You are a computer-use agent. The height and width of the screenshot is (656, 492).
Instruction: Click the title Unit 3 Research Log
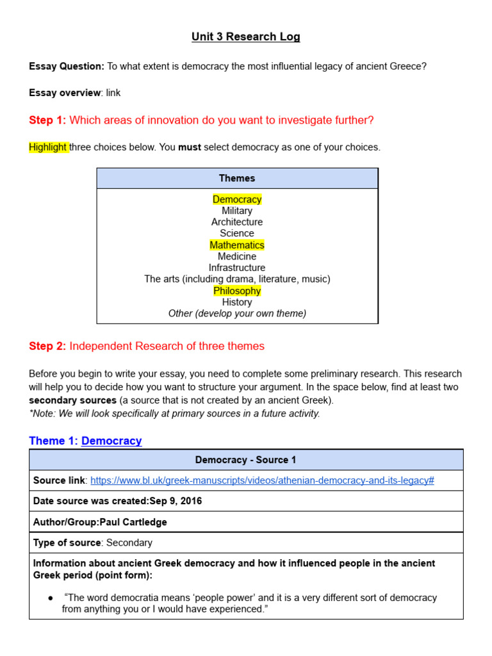tap(245, 37)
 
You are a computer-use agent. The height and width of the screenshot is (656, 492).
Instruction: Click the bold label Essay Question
tap(66, 66)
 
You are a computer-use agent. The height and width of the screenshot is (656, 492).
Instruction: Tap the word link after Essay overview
tap(113, 93)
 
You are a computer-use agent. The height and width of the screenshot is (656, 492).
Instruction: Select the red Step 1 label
tap(47, 120)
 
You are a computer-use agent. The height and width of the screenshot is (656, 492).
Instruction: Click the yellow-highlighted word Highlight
tap(48, 147)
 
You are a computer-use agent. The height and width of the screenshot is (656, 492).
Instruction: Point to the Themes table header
tap(237, 178)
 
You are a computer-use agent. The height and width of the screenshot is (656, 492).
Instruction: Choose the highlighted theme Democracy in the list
tap(237, 199)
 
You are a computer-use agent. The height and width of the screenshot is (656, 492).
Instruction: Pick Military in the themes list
tap(237, 211)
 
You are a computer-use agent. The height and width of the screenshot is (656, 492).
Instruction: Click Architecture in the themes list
tap(237, 222)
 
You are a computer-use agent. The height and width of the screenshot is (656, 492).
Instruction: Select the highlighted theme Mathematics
tap(237, 245)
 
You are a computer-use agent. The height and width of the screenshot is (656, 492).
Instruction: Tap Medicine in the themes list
tap(237, 256)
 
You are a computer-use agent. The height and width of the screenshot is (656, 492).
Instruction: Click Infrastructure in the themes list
tap(237, 268)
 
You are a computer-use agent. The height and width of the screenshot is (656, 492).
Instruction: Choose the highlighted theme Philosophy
tap(237, 291)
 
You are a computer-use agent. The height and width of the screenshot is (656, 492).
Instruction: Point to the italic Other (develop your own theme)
tap(237, 313)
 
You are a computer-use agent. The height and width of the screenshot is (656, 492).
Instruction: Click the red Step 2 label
tap(47, 347)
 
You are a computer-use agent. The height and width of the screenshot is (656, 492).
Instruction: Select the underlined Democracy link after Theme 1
tap(111, 441)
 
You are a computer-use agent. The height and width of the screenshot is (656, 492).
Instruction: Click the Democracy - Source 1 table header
tap(246, 460)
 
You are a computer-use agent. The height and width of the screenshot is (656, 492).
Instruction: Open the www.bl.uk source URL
tap(262, 480)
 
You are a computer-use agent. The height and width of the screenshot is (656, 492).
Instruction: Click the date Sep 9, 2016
tap(176, 501)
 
